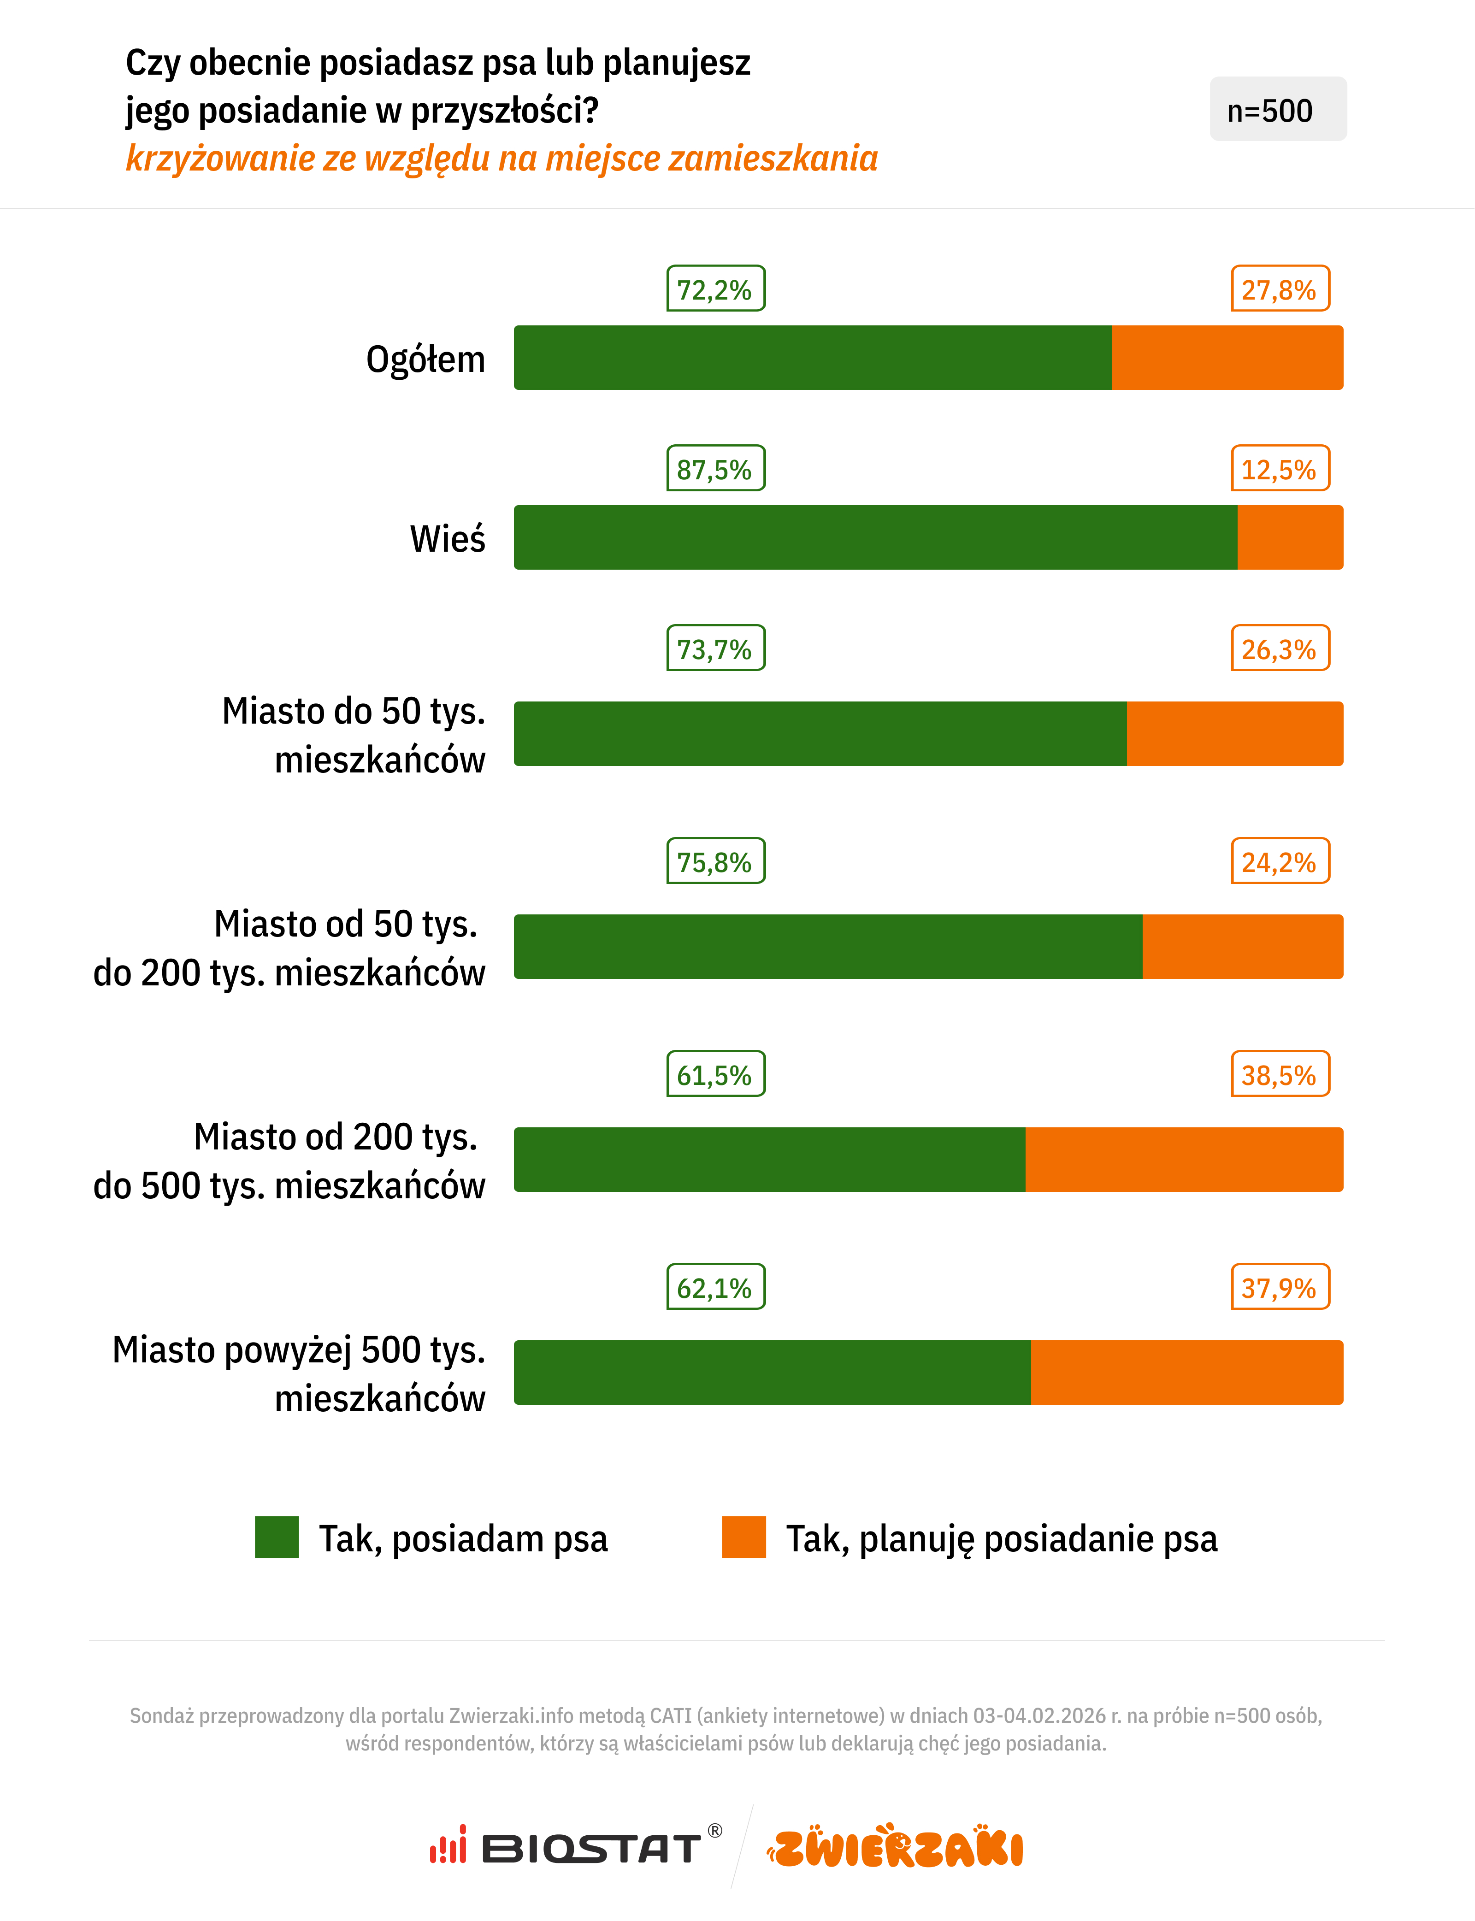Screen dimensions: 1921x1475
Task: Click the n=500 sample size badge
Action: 1277,110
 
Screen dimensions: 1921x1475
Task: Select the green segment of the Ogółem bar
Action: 812,357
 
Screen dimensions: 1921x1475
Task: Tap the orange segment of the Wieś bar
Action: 1290,537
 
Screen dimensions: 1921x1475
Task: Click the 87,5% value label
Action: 715,469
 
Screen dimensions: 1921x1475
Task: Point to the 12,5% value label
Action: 1279,469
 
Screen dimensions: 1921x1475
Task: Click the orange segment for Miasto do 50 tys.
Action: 1234,733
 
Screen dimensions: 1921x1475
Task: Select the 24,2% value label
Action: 1279,861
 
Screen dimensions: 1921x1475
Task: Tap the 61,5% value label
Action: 715,1074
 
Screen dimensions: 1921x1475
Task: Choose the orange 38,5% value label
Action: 1279,1074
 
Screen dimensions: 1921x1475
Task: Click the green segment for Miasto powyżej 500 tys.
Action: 772,1372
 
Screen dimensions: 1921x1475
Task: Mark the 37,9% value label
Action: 1279,1287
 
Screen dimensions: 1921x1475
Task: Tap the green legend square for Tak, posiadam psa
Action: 277,1537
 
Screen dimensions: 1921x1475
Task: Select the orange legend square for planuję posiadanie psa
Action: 743,1537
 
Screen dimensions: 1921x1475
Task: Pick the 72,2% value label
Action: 715,289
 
